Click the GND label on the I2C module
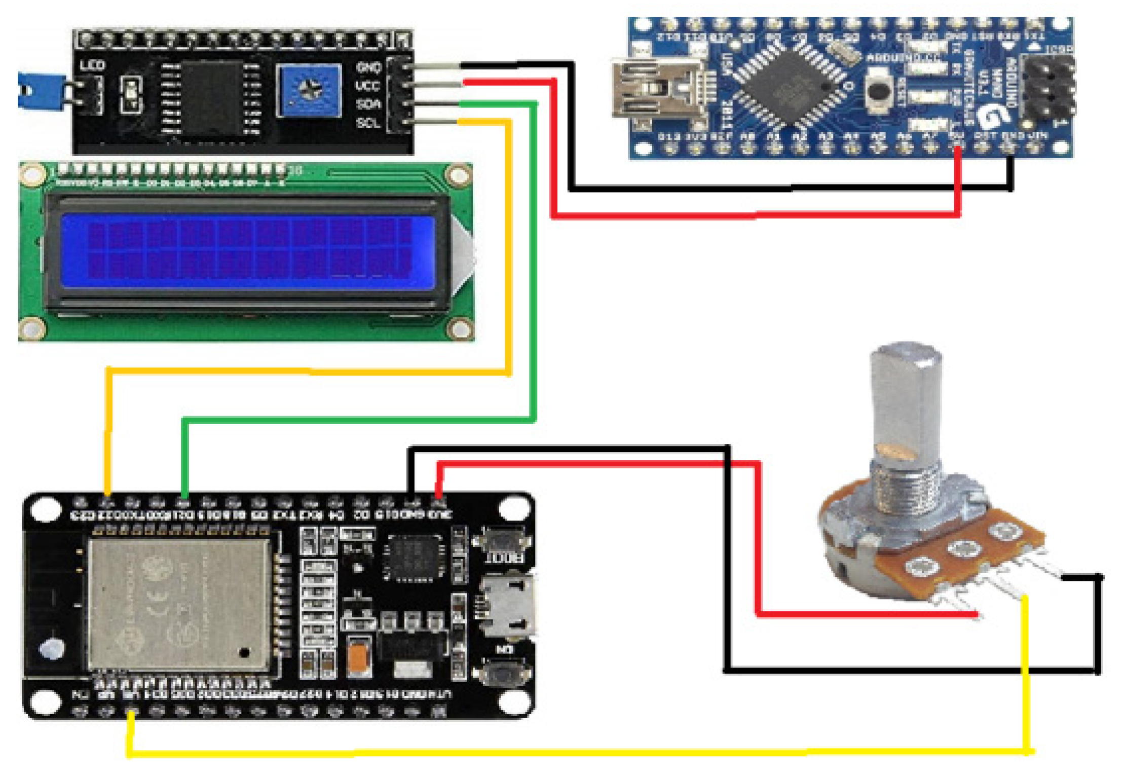click(x=368, y=67)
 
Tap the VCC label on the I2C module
click(x=367, y=86)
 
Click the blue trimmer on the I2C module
click(x=309, y=91)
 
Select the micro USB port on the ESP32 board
click(x=507, y=606)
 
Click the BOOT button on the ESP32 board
click(x=502, y=542)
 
